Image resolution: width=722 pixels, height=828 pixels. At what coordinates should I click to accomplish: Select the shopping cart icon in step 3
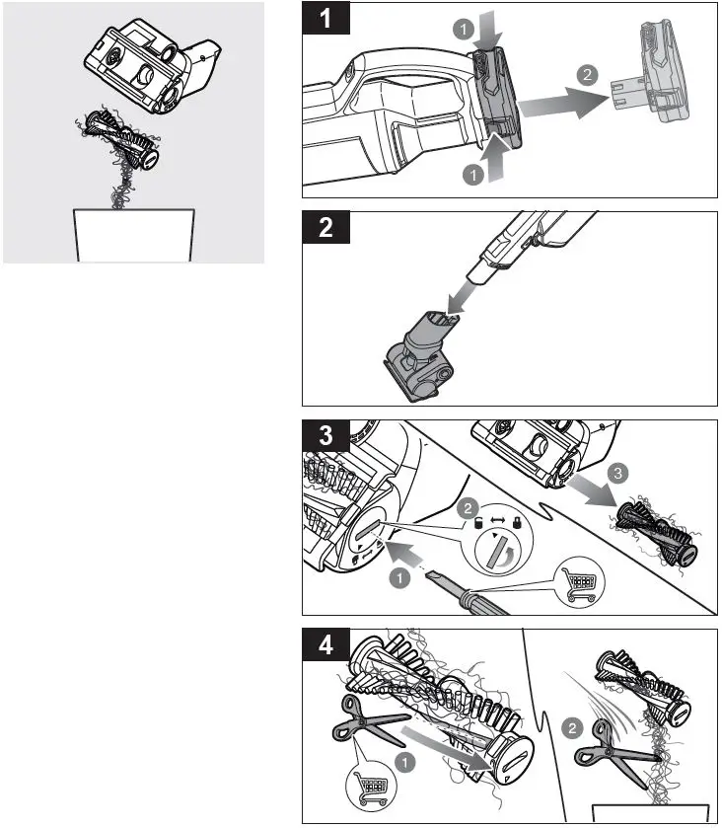click(582, 580)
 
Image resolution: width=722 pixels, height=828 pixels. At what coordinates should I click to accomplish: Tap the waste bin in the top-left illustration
click(133, 235)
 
